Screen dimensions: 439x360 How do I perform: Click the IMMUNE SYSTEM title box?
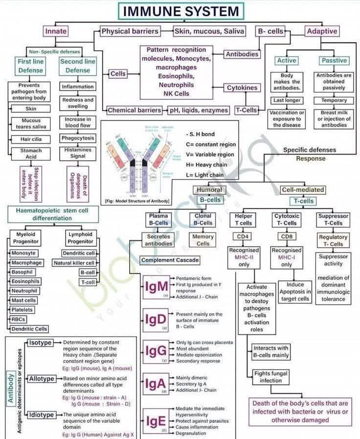coord(180,11)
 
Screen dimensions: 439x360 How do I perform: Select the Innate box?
coord(56,31)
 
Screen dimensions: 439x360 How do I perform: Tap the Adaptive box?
coord(321,31)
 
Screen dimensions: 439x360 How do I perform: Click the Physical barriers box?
coord(130,31)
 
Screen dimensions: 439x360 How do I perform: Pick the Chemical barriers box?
coord(135,110)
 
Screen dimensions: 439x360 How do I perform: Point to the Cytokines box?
coord(242,88)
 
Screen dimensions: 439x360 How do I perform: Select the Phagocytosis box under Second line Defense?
coord(78,138)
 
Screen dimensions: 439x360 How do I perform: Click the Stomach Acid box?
coord(31,154)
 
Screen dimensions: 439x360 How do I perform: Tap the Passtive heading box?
coord(334,61)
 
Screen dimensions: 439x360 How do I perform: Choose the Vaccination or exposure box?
coord(287,119)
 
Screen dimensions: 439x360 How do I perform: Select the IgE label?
coord(156,420)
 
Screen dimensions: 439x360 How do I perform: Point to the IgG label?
coord(156,351)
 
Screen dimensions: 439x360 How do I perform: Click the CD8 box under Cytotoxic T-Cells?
coord(287,237)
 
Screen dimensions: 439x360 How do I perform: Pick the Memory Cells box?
coord(203,240)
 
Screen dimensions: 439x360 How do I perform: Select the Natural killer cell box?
coord(73,263)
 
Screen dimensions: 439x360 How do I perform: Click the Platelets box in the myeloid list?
coord(23,310)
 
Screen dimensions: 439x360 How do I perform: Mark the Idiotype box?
coord(41,415)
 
